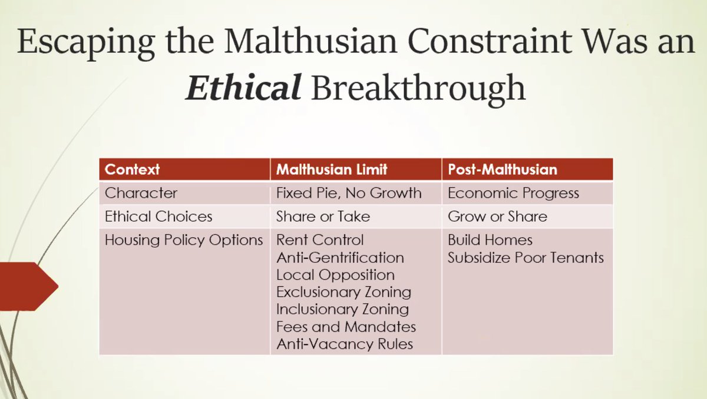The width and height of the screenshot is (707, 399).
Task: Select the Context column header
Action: pos(132,170)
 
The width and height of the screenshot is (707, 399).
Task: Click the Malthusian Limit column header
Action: pos(332,170)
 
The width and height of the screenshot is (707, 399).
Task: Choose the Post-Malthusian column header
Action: pos(502,170)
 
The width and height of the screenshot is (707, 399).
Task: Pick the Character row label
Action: pos(141,193)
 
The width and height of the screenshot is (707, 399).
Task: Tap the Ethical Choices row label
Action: pos(158,217)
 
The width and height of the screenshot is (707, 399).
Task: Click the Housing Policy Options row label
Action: pos(183,240)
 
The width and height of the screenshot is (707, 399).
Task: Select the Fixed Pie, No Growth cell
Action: pos(349,193)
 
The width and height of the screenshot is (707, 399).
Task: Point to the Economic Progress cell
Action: pos(513,193)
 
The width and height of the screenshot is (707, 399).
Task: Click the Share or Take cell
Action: pos(323,217)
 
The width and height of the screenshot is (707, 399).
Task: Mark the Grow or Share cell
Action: pos(497,217)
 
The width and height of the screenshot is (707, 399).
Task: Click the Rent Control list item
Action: pos(320,240)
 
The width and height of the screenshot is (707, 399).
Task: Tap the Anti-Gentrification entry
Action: pos(340,258)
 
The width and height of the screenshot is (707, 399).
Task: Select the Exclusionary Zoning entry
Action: pos(343,292)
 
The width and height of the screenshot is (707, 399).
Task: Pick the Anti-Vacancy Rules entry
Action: pos(345,344)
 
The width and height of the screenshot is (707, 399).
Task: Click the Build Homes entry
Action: pos(490,240)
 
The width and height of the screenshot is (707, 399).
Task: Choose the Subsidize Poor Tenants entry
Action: pos(526,258)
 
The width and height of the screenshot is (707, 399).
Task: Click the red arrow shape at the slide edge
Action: pos(27,287)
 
